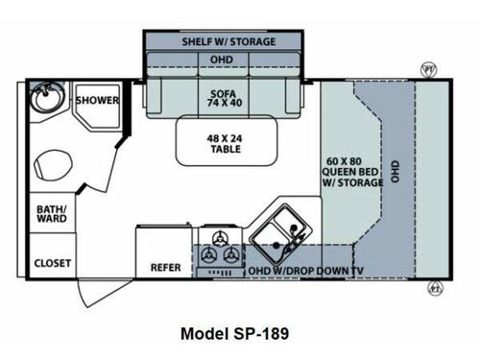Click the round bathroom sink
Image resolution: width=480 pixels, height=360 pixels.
click(x=43, y=99)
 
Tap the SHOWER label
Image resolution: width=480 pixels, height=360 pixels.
click(x=97, y=100)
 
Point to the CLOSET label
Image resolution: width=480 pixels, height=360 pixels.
click(x=51, y=261)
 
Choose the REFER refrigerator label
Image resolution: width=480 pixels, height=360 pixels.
click(x=165, y=267)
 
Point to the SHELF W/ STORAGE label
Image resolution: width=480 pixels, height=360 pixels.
click(x=228, y=42)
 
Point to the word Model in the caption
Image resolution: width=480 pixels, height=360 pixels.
click(x=204, y=334)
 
